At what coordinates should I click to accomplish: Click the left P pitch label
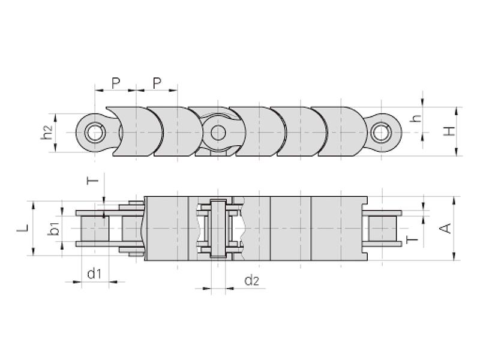click(116, 83)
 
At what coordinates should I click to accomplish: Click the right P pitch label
click(157, 83)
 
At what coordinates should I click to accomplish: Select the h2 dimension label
click(47, 133)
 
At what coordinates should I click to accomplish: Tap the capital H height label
click(449, 131)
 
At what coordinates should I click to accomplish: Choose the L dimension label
click(23, 228)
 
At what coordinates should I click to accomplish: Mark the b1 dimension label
click(54, 229)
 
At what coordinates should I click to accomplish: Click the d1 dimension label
click(94, 274)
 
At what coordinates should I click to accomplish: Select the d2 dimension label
click(252, 280)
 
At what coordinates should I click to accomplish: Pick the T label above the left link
click(93, 181)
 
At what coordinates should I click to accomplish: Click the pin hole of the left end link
click(95, 133)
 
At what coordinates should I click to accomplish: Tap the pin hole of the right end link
click(382, 133)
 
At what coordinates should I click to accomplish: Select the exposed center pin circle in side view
click(218, 133)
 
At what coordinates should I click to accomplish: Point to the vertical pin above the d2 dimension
click(218, 229)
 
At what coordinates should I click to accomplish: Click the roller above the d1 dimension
click(95, 229)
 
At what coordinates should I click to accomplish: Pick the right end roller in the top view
click(382, 229)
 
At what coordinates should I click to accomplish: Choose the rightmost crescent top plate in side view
click(339, 131)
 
